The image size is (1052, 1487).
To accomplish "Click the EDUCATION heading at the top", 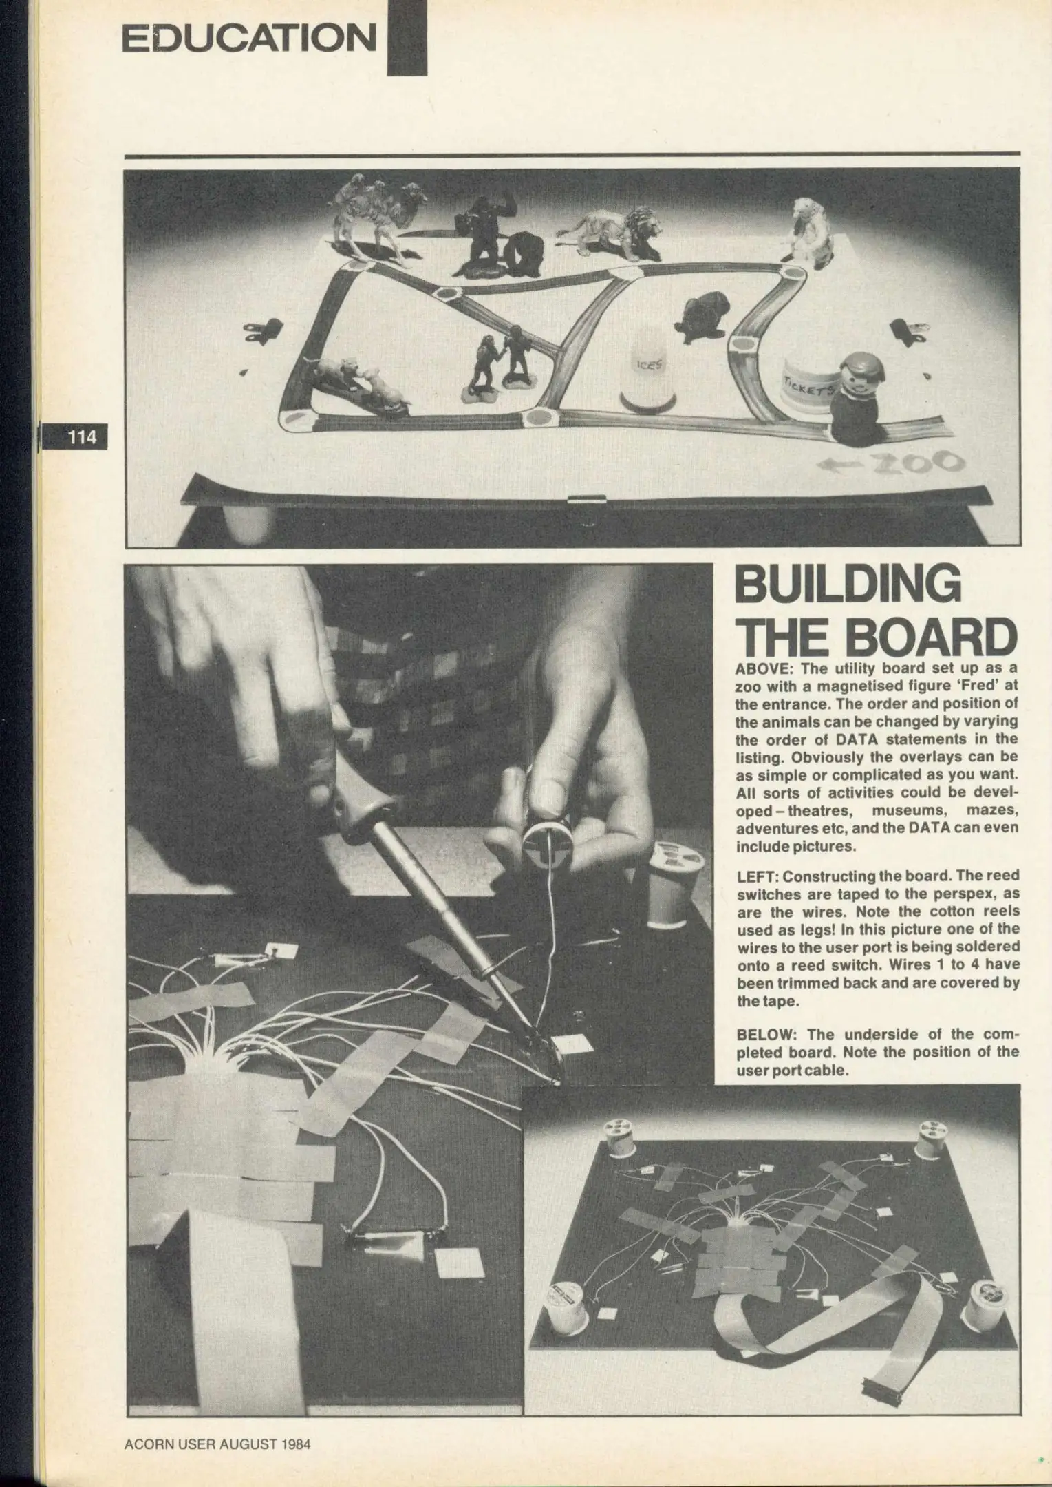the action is [249, 39].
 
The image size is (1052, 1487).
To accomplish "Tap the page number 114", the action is [81, 436].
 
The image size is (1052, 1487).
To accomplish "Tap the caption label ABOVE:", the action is [761, 668].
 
